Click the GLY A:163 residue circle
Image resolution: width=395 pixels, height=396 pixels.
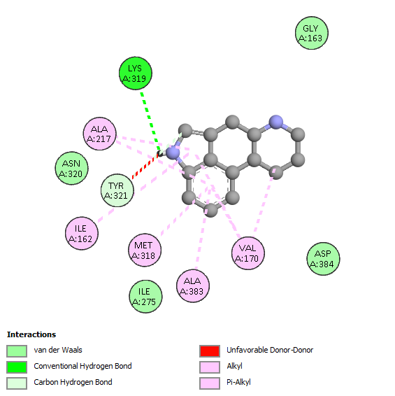312,33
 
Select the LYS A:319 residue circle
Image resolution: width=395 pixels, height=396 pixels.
136,73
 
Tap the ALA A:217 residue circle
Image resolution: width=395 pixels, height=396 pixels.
100,134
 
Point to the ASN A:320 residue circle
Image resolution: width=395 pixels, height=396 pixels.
72,168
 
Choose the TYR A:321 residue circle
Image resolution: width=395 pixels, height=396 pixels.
117,190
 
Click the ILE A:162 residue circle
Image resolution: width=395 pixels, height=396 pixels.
82,234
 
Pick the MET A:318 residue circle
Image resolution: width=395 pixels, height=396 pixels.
145,250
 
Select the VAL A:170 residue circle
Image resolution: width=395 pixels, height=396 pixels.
248,253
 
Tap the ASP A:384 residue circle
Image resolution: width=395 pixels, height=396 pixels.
323,259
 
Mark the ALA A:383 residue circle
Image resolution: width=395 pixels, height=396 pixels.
193,286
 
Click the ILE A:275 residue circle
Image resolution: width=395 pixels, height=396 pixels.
145,297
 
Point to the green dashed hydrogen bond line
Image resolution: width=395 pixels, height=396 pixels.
150,122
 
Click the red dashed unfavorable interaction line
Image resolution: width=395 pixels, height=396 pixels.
145,166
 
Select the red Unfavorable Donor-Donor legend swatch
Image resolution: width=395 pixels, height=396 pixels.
210,351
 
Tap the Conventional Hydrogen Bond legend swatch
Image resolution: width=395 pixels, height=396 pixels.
17,367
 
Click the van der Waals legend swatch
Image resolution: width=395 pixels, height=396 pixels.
17,351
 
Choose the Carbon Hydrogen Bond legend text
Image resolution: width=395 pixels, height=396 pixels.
73,382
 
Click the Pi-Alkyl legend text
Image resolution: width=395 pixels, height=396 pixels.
239,382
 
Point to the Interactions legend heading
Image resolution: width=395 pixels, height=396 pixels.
31,334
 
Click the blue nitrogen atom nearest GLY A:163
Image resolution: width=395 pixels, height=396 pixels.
276,122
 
